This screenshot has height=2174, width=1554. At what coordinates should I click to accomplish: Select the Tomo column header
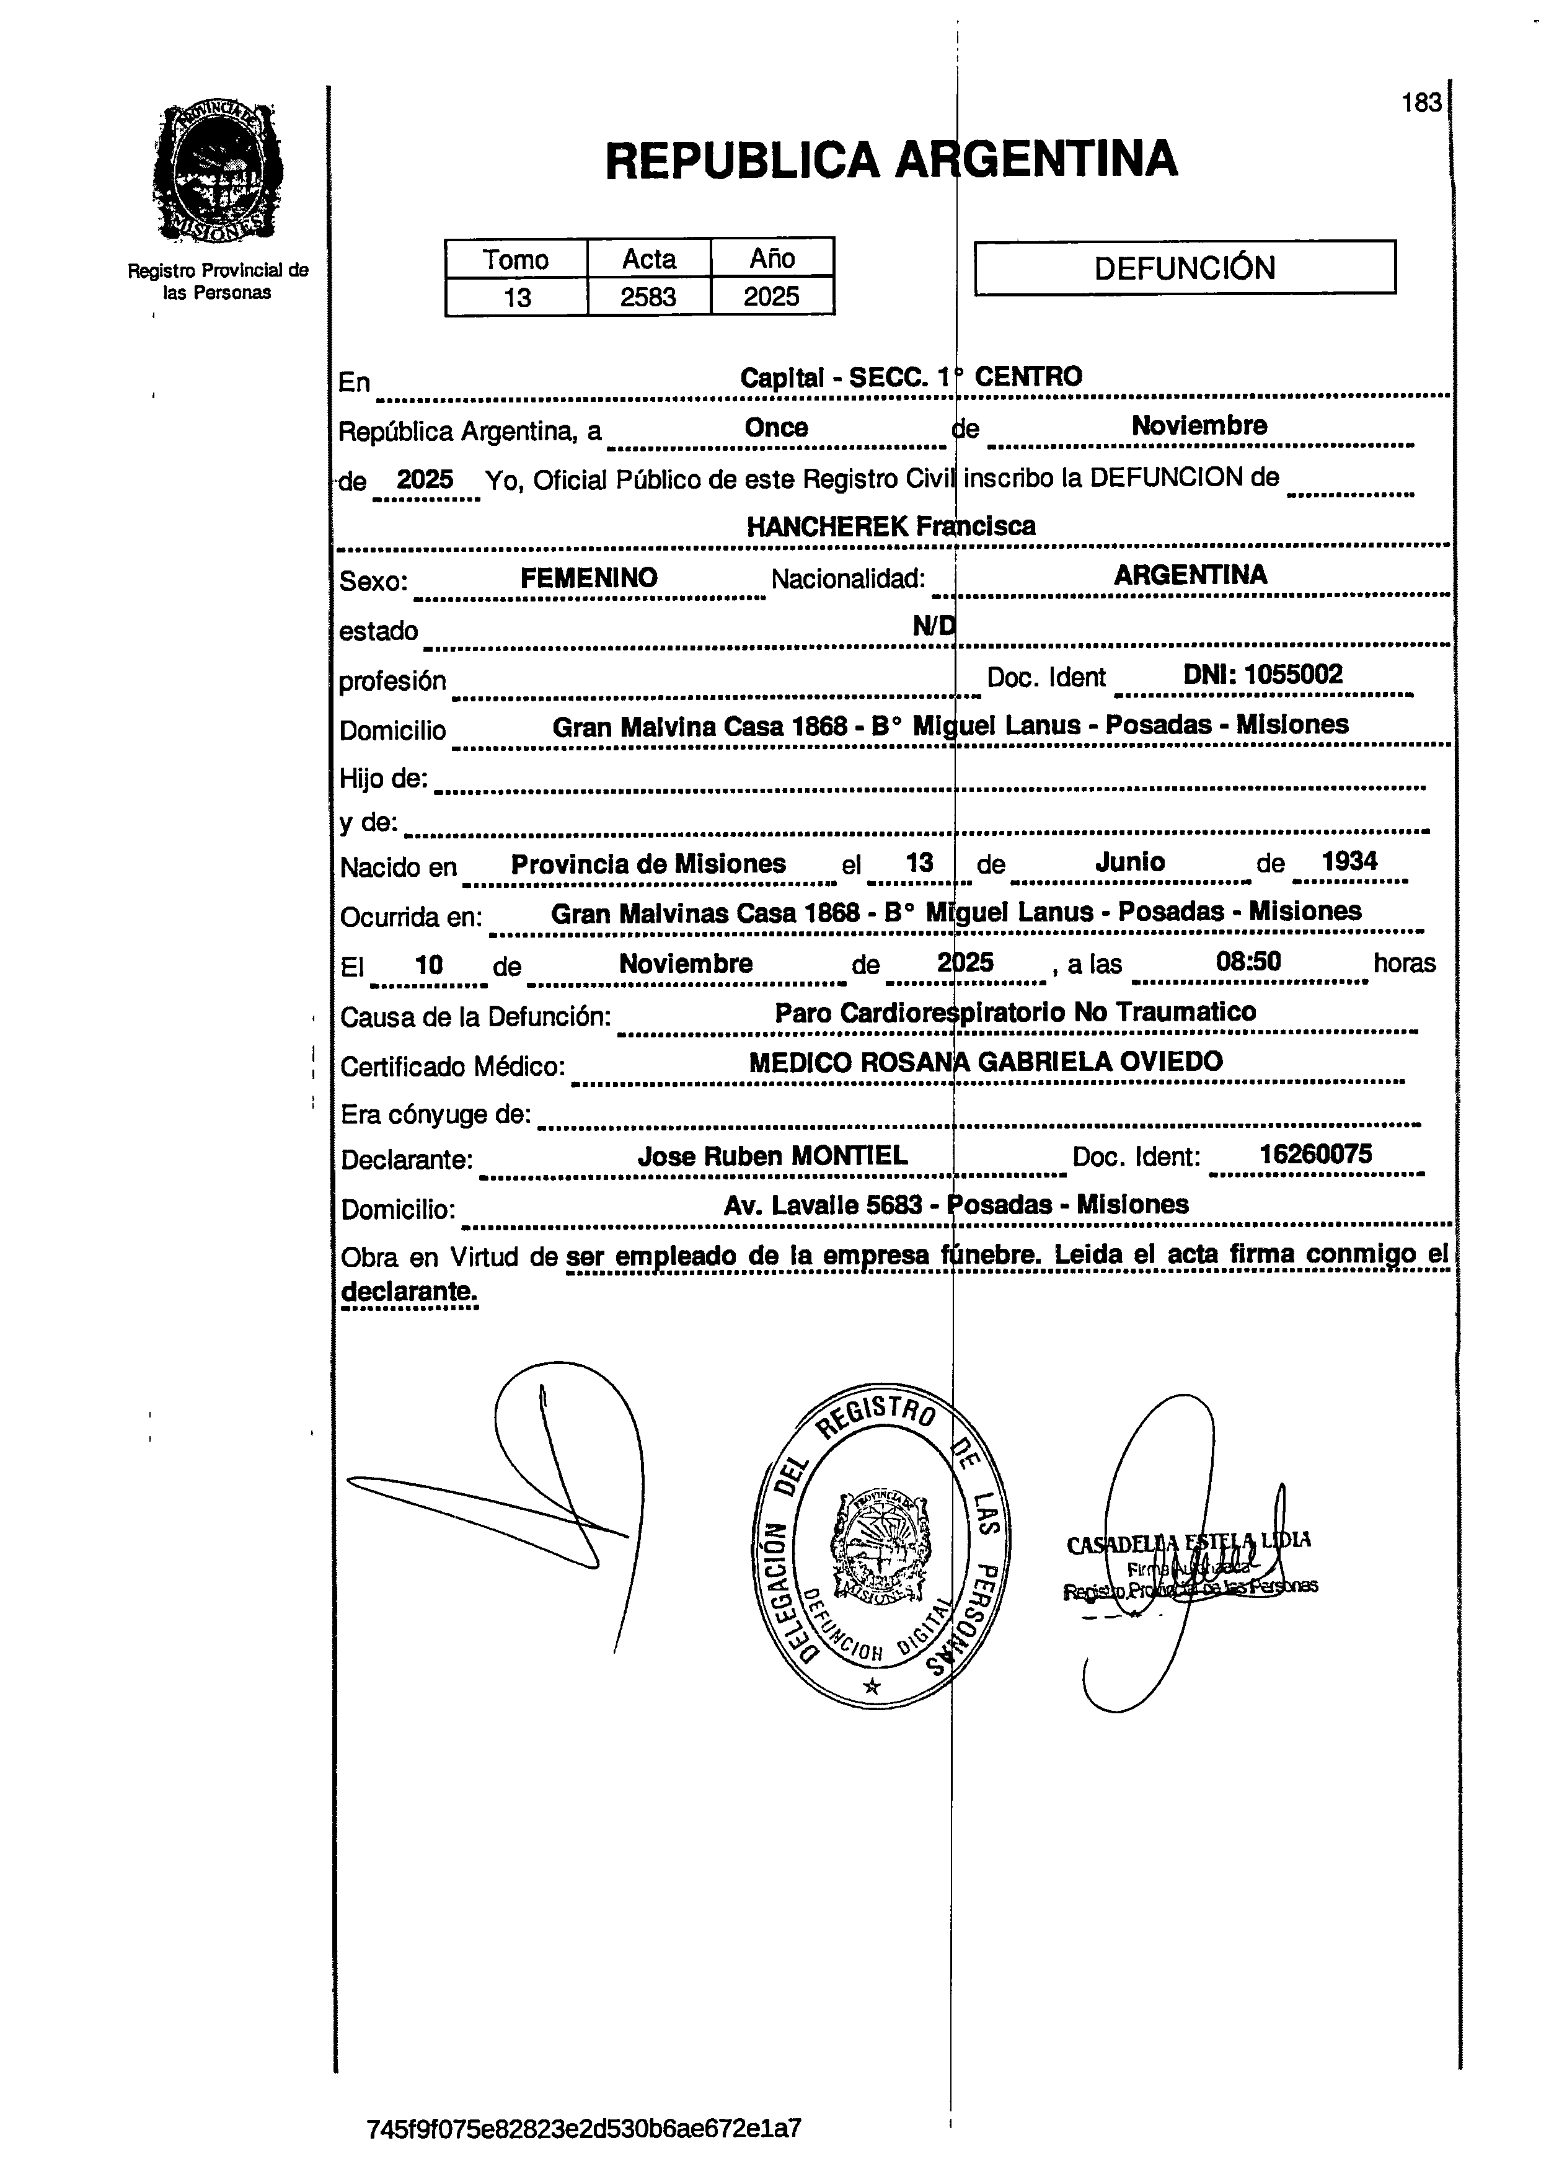516,259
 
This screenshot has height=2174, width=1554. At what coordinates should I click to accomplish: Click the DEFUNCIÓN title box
1184,267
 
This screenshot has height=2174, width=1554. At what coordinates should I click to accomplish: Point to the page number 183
1421,102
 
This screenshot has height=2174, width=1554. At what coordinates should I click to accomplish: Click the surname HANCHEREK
827,526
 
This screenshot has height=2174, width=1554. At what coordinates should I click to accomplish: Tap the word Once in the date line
776,427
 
